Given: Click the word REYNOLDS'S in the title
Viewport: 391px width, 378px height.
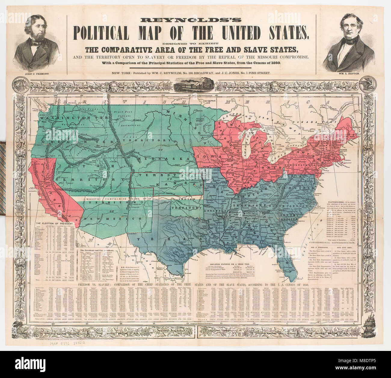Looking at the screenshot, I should [191, 20].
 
